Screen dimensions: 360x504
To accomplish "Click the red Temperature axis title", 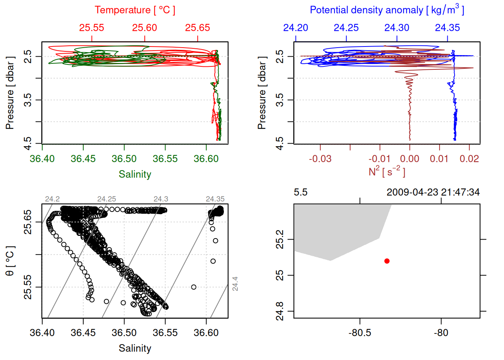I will [135, 10].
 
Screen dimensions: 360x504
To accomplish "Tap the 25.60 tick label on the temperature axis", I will [144, 28].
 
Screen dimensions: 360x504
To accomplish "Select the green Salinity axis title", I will [135, 174].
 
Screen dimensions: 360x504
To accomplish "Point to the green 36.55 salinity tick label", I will [165, 159].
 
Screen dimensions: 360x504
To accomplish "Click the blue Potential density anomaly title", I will [387, 10].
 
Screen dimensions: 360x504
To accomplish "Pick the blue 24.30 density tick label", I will [397, 28].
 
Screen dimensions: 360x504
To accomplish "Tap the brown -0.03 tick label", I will [320, 159].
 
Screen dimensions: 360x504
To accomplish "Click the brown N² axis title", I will [387, 172].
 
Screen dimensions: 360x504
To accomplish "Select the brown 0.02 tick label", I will [469, 159].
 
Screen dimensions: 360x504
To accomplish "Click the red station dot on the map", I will [387, 261].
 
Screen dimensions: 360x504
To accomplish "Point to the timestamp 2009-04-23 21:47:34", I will [433, 192].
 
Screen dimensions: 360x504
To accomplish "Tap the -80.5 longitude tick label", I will [360, 333].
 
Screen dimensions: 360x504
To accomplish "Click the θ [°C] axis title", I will [10, 261].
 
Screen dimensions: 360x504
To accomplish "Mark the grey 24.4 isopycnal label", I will [235, 283].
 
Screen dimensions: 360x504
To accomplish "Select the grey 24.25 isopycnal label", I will [106, 199].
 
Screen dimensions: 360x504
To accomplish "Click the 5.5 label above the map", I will [300, 192].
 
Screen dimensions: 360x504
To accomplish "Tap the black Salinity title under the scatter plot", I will [135, 348].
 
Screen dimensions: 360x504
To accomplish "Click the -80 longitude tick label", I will [441, 333].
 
